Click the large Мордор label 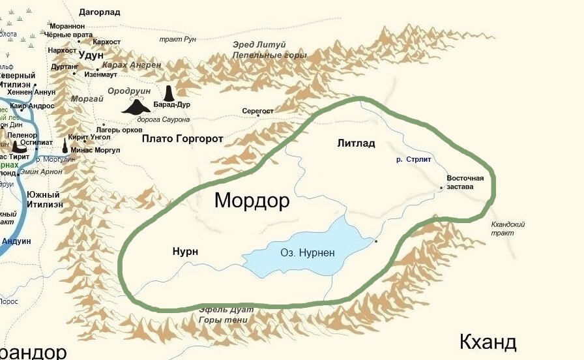click(252, 201)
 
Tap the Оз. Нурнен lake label click(302, 252)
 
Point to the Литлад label click(357, 143)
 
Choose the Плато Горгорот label click(182, 139)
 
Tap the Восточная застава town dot click(441, 188)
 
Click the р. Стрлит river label click(415, 159)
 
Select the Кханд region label click(488, 342)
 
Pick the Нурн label click(185, 252)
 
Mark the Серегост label click(258, 112)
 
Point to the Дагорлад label click(100, 12)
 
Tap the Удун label click(91, 56)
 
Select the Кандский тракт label click(508, 228)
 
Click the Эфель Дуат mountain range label click(224, 310)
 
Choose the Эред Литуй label click(258, 44)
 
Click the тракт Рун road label click(177, 39)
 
